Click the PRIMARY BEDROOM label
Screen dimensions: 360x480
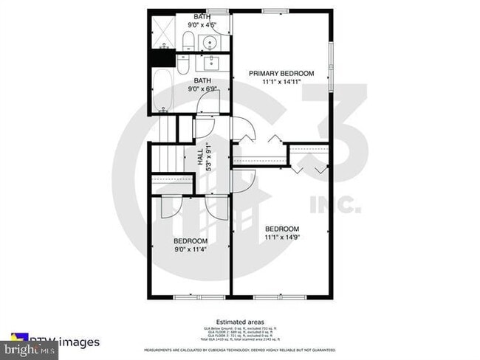point(281,73)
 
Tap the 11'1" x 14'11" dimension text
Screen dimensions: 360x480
point(281,82)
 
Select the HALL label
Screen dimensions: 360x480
point(199,156)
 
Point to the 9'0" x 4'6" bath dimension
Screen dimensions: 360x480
point(202,25)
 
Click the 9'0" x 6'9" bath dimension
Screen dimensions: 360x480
point(202,89)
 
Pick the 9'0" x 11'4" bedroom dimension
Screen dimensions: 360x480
point(191,249)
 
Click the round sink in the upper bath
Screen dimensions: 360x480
point(210,42)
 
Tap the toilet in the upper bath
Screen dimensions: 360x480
point(188,41)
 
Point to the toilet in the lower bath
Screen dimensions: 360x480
point(185,62)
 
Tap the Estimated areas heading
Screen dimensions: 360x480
point(239,318)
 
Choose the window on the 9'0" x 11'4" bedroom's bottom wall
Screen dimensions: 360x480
point(188,297)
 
